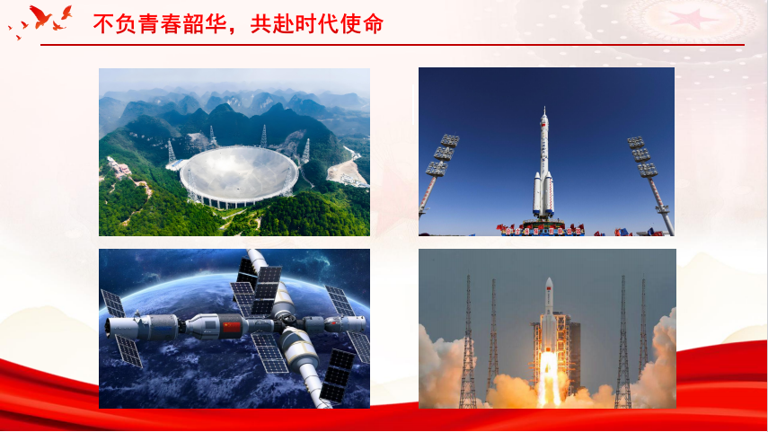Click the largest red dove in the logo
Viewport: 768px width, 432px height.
point(40,17)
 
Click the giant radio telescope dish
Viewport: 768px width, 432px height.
point(239,175)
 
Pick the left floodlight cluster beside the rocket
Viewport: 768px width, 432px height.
point(442,155)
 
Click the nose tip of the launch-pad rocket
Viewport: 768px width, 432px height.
point(544,108)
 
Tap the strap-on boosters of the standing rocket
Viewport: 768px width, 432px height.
point(543,193)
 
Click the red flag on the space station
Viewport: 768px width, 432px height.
point(232,326)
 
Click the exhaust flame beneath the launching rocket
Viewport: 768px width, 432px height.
point(549,377)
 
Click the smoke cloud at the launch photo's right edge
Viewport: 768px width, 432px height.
point(658,363)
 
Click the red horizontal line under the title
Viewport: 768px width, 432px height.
point(393,45)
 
